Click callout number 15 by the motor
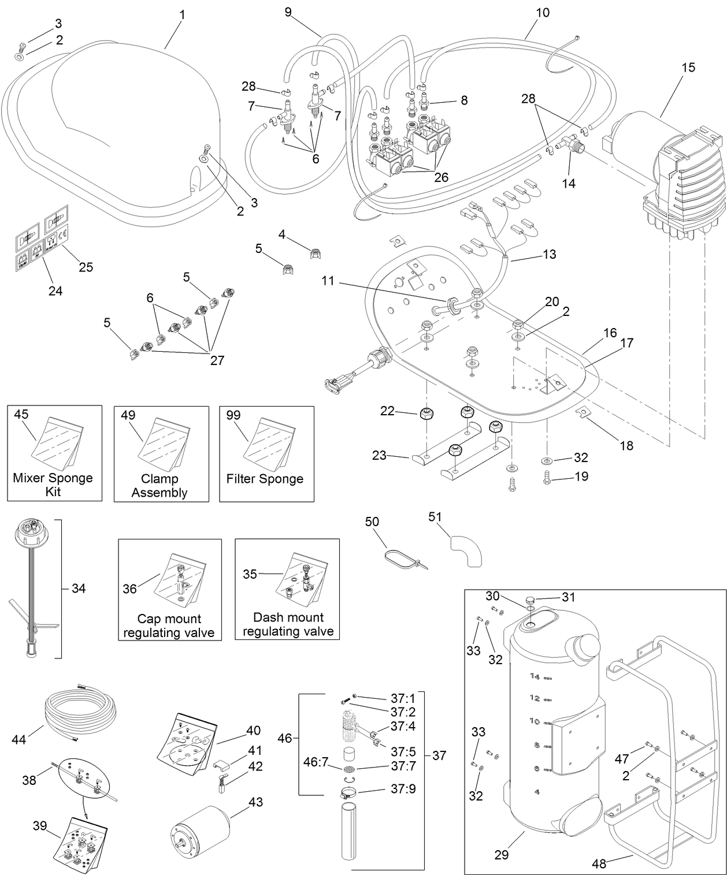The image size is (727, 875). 688,68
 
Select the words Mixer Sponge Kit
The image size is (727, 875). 53,485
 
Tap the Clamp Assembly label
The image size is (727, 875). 159,485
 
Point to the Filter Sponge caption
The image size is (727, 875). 265,479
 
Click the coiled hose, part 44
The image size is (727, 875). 81,713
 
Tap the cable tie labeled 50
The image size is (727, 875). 405,559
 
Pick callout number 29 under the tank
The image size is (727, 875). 502,854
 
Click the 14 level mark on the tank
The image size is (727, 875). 535,676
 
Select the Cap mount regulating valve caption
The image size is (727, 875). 169,625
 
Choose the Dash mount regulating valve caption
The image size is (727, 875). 288,624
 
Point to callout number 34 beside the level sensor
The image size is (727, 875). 79,589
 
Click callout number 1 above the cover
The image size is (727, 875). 182,14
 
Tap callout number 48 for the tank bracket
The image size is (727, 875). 600,864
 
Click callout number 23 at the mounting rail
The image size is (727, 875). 379,455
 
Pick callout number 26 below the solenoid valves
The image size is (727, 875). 441,177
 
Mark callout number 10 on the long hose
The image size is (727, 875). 543,12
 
